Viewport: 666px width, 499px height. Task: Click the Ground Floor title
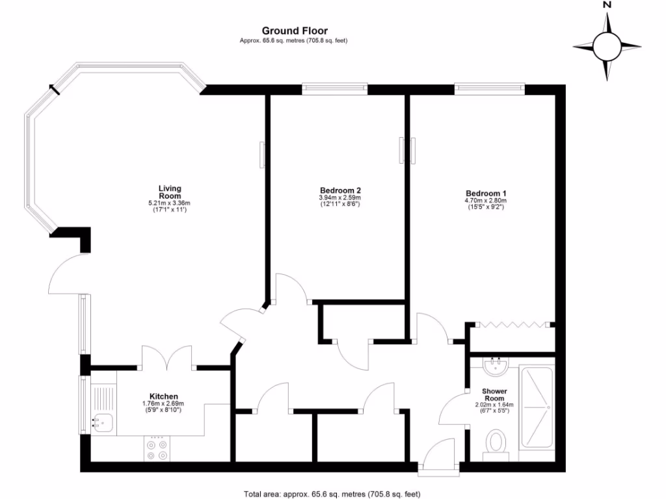295,31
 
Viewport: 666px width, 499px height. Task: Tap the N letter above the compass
607,5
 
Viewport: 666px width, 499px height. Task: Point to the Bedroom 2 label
340,190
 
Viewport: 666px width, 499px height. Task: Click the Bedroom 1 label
485,193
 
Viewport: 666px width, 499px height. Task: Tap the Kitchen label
164,396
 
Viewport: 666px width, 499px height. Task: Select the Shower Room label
494,395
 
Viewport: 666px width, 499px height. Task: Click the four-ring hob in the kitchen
157,450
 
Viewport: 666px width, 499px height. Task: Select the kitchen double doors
167,357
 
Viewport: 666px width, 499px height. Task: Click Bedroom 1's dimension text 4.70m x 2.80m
485,201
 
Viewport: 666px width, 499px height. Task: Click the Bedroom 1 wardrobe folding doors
509,324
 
